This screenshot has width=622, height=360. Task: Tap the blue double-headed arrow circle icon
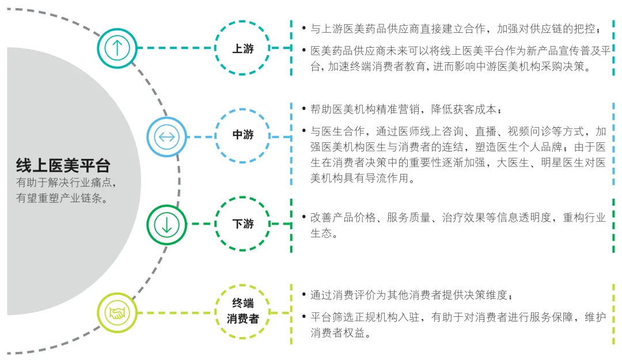166,137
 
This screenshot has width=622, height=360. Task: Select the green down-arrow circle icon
166,223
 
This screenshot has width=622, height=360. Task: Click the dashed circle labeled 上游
242,48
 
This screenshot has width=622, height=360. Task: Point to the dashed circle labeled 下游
242,223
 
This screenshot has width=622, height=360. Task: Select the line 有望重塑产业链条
63,198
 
